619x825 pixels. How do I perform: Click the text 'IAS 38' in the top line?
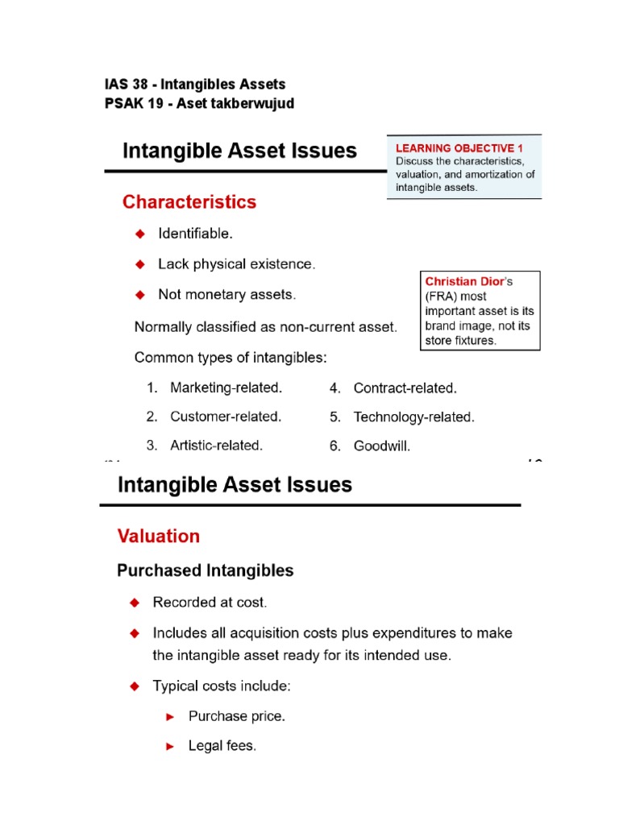point(125,84)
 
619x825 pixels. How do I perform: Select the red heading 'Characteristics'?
point(189,202)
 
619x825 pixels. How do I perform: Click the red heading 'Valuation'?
point(159,536)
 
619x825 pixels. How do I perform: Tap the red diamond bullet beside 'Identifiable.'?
point(139,234)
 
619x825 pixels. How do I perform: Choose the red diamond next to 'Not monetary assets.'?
point(139,295)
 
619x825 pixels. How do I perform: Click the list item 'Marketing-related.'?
point(226,388)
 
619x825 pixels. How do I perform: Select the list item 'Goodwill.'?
point(381,445)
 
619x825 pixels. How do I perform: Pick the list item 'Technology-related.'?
point(413,417)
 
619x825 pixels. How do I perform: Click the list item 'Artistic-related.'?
point(216,445)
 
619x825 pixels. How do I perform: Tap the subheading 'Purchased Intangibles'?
point(206,570)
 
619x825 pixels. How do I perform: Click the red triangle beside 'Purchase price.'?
point(169,716)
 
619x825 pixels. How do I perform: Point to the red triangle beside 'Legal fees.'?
point(169,747)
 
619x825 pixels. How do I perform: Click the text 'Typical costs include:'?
point(222,686)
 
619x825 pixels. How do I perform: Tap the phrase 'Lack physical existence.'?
point(237,264)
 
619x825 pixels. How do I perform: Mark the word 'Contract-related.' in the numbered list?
point(405,388)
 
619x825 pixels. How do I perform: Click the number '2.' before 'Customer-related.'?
point(152,417)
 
